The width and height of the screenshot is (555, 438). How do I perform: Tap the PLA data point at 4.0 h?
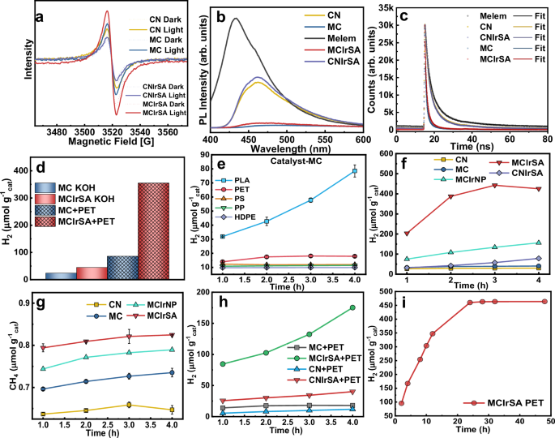(354, 171)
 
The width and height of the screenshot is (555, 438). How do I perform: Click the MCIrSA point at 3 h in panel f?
(494, 186)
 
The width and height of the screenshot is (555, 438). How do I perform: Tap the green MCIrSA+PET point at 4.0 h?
(353, 307)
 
